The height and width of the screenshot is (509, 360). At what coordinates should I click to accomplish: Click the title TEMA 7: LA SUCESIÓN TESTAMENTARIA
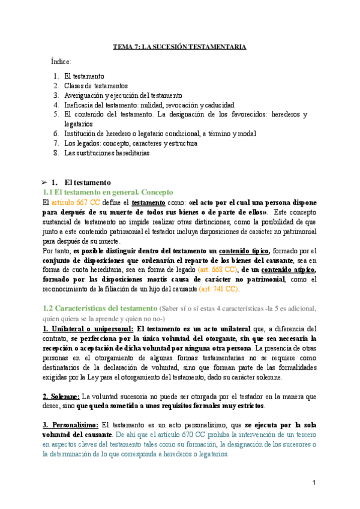[x=180, y=47]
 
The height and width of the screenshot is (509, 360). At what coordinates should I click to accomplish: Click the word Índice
[x=62, y=62]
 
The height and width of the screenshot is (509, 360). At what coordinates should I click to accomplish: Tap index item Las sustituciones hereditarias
[x=107, y=152]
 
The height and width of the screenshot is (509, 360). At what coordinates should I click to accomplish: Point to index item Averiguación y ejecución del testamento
[x=123, y=95]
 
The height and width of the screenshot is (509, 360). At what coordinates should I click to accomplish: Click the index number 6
[x=55, y=133]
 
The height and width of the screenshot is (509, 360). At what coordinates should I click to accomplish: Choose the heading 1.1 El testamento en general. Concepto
[x=108, y=192]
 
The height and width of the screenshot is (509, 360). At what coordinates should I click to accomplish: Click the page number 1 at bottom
[x=314, y=483]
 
